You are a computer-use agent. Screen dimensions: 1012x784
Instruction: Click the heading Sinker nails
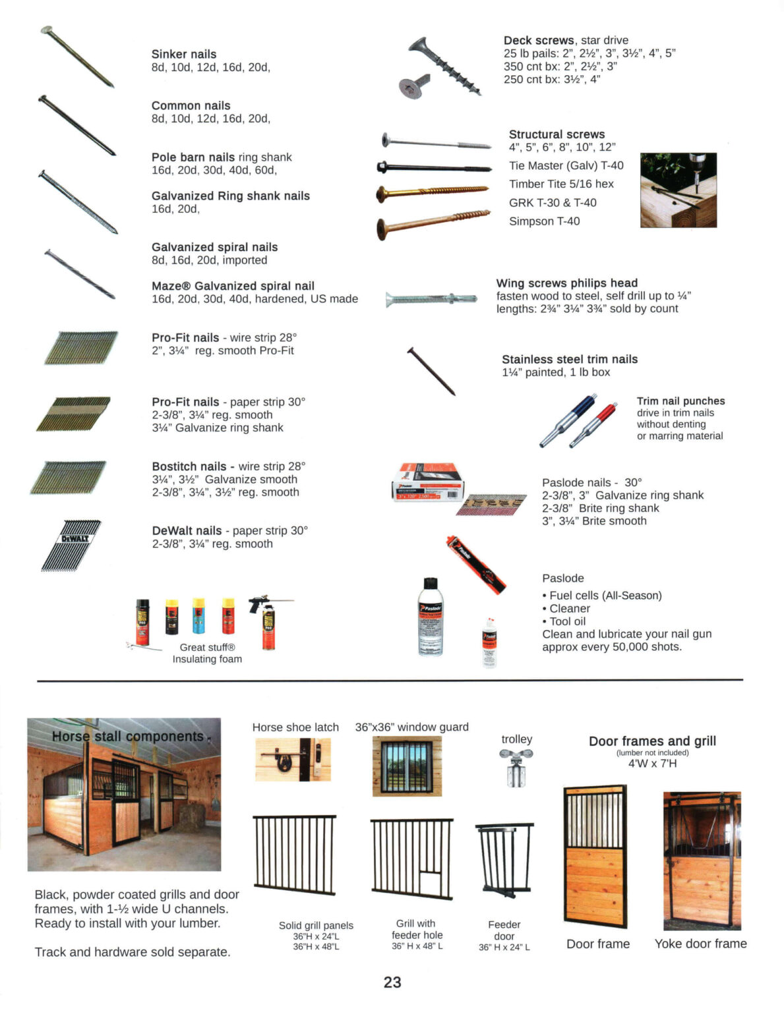click(x=183, y=54)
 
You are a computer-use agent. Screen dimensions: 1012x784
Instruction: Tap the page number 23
click(x=392, y=982)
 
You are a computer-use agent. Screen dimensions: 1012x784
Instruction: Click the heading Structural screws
click(x=557, y=134)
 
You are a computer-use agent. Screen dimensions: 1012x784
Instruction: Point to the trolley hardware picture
click(x=516, y=768)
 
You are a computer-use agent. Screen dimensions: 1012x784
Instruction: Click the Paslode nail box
click(x=429, y=481)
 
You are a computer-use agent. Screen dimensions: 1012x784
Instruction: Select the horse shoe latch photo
click(x=293, y=759)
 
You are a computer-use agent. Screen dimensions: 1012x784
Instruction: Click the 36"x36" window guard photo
click(x=407, y=766)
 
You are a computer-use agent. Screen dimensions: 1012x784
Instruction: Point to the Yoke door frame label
click(x=700, y=943)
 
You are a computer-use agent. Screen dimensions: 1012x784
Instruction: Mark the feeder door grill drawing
click(x=504, y=860)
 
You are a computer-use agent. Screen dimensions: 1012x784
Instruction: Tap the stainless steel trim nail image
click(x=431, y=372)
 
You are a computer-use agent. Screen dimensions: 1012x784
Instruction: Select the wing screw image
click(x=431, y=300)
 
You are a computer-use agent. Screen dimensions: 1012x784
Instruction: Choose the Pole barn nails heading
click(x=193, y=157)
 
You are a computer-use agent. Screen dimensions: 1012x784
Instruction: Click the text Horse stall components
click(x=128, y=737)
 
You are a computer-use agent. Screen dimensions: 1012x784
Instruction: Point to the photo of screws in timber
click(x=678, y=190)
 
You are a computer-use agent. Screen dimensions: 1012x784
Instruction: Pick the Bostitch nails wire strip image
click(x=69, y=478)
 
